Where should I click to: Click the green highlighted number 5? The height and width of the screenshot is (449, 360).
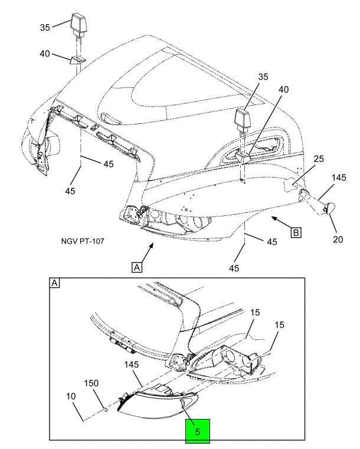[x=198, y=432]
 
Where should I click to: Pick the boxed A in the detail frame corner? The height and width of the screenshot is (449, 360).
[x=54, y=283]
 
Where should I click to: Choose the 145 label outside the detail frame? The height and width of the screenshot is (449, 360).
[x=339, y=178]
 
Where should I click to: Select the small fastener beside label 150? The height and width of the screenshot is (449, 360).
[x=104, y=406]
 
